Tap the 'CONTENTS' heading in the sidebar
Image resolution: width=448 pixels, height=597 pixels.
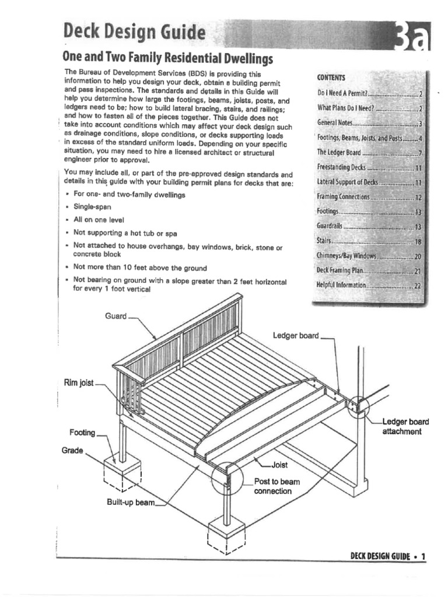click(x=331, y=78)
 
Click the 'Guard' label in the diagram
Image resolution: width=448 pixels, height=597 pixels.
click(x=116, y=316)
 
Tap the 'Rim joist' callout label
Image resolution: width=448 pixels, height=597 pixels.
click(x=78, y=382)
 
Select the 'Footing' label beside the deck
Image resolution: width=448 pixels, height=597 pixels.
click(x=82, y=433)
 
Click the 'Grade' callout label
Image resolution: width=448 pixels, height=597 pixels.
click(x=73, y=451)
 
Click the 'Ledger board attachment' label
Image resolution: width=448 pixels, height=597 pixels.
click(x=405, y=426)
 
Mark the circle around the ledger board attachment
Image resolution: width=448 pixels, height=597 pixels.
click(x=358, y=406)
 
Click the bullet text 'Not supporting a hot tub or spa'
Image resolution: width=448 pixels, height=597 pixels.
click(x=125, y=233)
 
